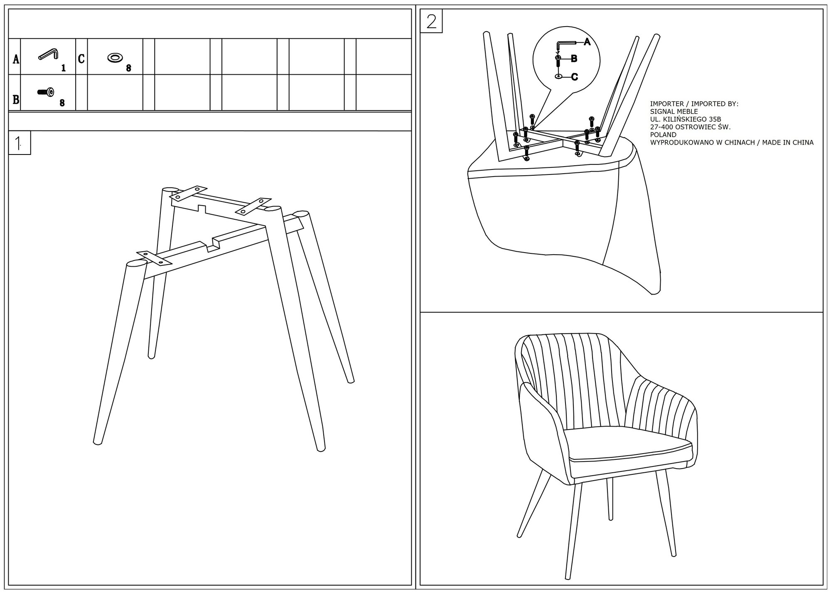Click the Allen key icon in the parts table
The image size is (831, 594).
point(49,54)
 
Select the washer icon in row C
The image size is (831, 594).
point(115,58)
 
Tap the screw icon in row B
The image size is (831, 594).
point(46,92)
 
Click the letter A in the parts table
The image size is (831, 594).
point(16,59)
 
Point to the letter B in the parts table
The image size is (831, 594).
point(16,100)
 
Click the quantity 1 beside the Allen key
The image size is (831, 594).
point(64,68)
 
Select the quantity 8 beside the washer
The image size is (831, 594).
point(129,69)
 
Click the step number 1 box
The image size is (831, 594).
point(19,143)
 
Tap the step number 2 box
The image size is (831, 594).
point(431,22)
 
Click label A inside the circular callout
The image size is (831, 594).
point(587,42)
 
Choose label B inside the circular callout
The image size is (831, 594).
point(574,59)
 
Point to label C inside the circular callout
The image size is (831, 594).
point(574,77)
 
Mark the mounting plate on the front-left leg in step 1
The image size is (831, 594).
point(154,258)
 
